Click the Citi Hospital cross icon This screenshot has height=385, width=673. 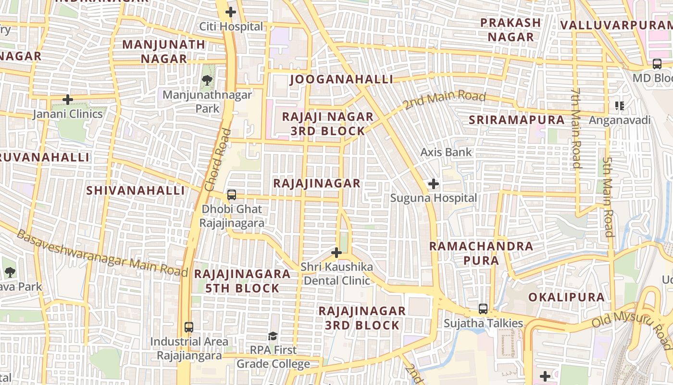(x=231, y=12)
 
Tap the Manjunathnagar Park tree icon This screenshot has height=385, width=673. (x=207, y=80)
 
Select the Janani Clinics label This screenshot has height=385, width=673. (x=68, y=114)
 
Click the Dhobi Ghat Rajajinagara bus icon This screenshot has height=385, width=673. (x=231, y=195)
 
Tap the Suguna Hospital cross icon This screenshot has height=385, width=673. (x=433, y=184)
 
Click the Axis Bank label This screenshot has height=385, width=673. (x=446, y=153)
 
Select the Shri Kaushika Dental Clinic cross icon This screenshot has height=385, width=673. (x=336, y=252)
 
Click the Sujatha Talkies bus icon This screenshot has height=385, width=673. (x=483, y=309)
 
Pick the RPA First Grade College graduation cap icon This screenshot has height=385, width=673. (x=273, y=336)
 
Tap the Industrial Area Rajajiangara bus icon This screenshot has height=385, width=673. (x=189, y=327)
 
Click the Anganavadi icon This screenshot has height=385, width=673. (x=620, y=106)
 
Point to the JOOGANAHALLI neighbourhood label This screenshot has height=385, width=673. (x=341, y=79)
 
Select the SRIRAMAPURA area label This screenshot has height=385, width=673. (x=516, y=120)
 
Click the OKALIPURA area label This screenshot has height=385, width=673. (x=566, y=297)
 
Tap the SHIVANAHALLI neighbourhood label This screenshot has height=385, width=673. (x=136, y=191)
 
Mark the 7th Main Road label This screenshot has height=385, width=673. (x=576, y=128)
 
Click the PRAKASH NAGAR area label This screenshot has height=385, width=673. (x=511, y=30)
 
